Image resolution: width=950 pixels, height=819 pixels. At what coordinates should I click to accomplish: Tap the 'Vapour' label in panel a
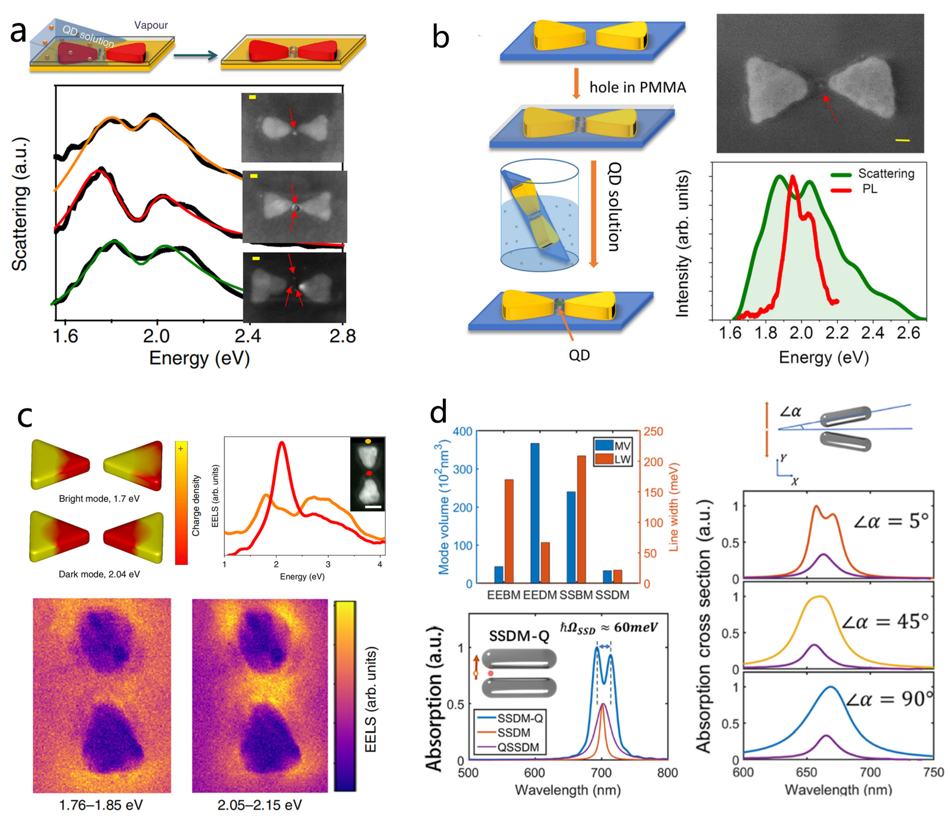click(x=151, y=25)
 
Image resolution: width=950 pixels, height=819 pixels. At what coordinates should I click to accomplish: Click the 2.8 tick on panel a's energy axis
click(x=342, y=336)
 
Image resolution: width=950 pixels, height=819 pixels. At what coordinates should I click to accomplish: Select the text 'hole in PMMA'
click(x=637, y=87)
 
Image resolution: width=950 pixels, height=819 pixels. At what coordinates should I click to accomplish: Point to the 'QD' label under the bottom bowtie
click(x=579, y=355)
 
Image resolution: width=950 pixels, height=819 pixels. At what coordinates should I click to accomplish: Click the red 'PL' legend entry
click(x=869, y=189)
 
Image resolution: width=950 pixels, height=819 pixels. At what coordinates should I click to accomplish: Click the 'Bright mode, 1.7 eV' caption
click(x=99, y=498)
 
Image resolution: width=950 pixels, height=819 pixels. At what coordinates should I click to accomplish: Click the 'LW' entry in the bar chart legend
click(x=622, y=459)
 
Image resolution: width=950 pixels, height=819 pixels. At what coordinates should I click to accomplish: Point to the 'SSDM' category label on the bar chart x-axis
click(x=612, y=595)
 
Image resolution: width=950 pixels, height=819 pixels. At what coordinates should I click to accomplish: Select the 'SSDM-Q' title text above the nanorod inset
click(x=519, y=636)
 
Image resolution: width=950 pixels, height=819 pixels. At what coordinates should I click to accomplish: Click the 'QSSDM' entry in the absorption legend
click(x=518, y=747)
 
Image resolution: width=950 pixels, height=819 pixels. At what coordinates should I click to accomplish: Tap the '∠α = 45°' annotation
click(x=885, y=622)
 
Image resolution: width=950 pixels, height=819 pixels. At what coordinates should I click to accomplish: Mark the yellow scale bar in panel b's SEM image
click(x=902, y=140)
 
